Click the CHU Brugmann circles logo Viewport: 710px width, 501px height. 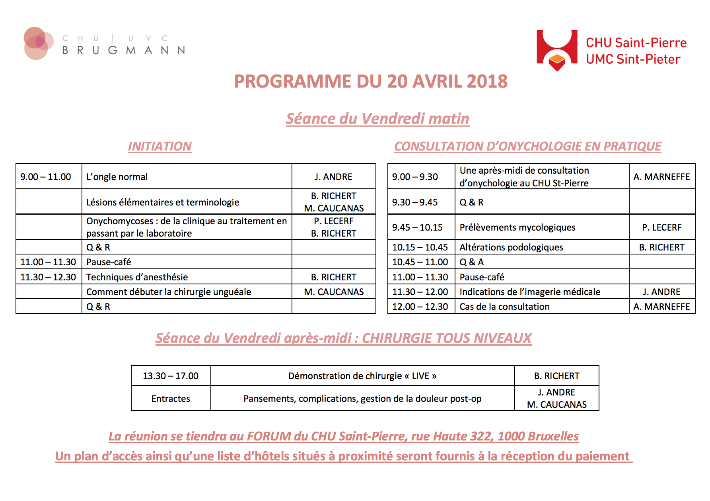pyautogui.click(x=38, y=43)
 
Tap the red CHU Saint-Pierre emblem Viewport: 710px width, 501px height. pyautogui.click(x=557, y=50)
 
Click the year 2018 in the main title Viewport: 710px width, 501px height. pyautogui.click(x=487, y=82)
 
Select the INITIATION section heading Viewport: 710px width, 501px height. pyautogui.click(x=160, y=147)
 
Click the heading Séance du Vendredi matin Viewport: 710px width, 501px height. pyautogui.click(x=377, y=119)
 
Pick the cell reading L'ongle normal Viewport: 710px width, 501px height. pyautogui.click(x=117, y=177)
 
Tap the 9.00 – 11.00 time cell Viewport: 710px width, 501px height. pyautogui.click(x=46, y=177)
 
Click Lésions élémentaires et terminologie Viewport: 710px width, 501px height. pyautogui.click(x=163, y=202)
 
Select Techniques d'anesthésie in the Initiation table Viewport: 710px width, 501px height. pyautogui.click(x=137, y=277)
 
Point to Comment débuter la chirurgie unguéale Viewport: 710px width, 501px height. pyautogui.click(x=169, y=292)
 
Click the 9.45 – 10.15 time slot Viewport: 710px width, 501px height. pyautogui.click(x=417, y=227)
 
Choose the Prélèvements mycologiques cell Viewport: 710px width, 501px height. pyautogui.click(x=517, y=227)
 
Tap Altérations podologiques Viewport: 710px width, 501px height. pyautogui.click(x=511, y=247)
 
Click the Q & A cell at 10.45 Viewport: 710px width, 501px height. pyautogui.click(x=472, y=262)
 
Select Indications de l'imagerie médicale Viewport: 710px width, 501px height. pyautogui.click(x=530, y=292)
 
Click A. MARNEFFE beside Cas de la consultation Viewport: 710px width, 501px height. pyautogui.click(x=661, y=307)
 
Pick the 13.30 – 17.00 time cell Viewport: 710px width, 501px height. pyautogui.click(x=171, y=376)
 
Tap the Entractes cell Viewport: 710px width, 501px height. pyautogui.click(x=171, y=399)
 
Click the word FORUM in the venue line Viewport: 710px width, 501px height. pyautogui.click(x=269, y=436)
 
